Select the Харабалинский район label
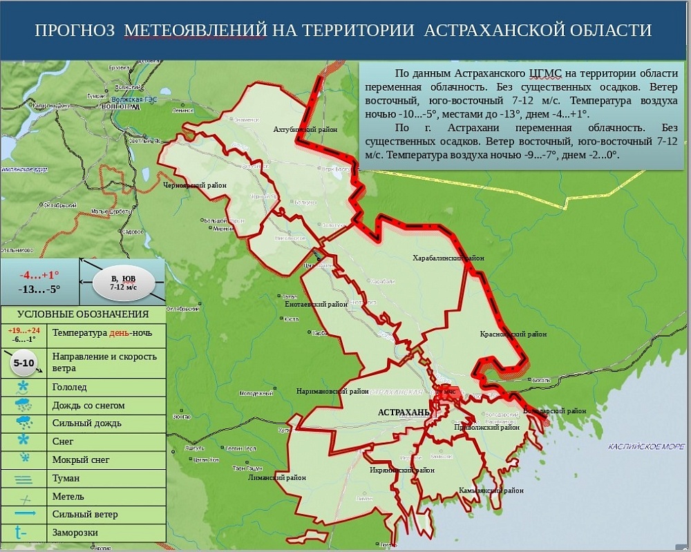point(448,258)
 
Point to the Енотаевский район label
point(316,303)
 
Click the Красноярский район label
point(513,334)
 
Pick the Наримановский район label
point(332,391)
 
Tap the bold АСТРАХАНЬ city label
point(404,412)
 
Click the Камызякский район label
point(491,491)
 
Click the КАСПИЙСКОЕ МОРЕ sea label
point(646,447)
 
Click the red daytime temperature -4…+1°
point(39,274)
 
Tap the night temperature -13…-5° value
point(39,289)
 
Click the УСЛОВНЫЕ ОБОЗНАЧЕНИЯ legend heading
point(83,314)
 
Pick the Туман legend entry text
point(66,478)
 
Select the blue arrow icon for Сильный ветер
point(25,514)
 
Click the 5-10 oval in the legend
point(24,363)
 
